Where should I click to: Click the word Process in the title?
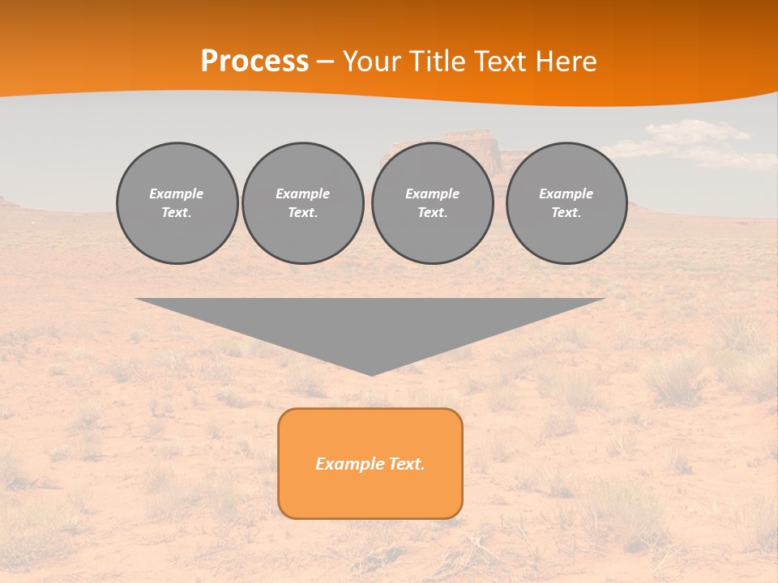254,62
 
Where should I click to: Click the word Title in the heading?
437,62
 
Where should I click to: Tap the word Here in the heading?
565,62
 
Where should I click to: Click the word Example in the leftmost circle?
177,194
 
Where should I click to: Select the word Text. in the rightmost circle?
566,212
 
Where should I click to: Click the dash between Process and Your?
326,62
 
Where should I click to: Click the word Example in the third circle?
432,194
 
